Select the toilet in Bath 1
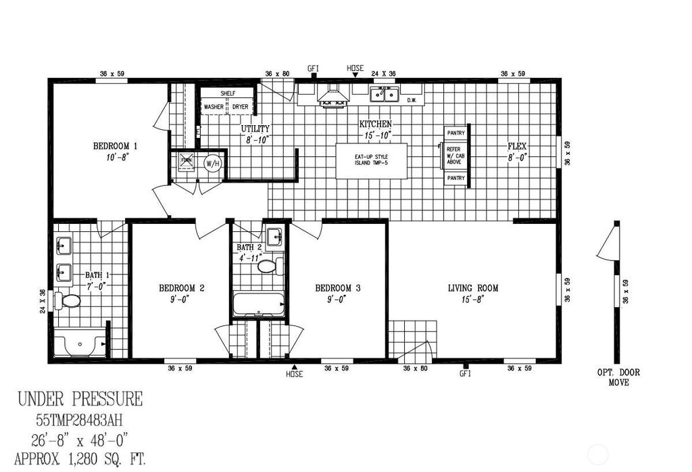coord(68,300)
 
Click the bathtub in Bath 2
coord(259,304)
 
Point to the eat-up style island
coord(372,161)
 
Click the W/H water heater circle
coord(212,163)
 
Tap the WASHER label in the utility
coord(214,107)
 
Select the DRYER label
coord(241,107)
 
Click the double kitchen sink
coord(383,95)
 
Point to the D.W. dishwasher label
coord(413,101)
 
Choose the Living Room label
coord(473,288)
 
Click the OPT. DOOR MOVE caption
coord(618,377)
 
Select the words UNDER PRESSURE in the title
coord(80,398)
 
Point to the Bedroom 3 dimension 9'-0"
coord(338,299)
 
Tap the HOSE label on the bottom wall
coord(294,374)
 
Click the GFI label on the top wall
coord(313,68)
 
